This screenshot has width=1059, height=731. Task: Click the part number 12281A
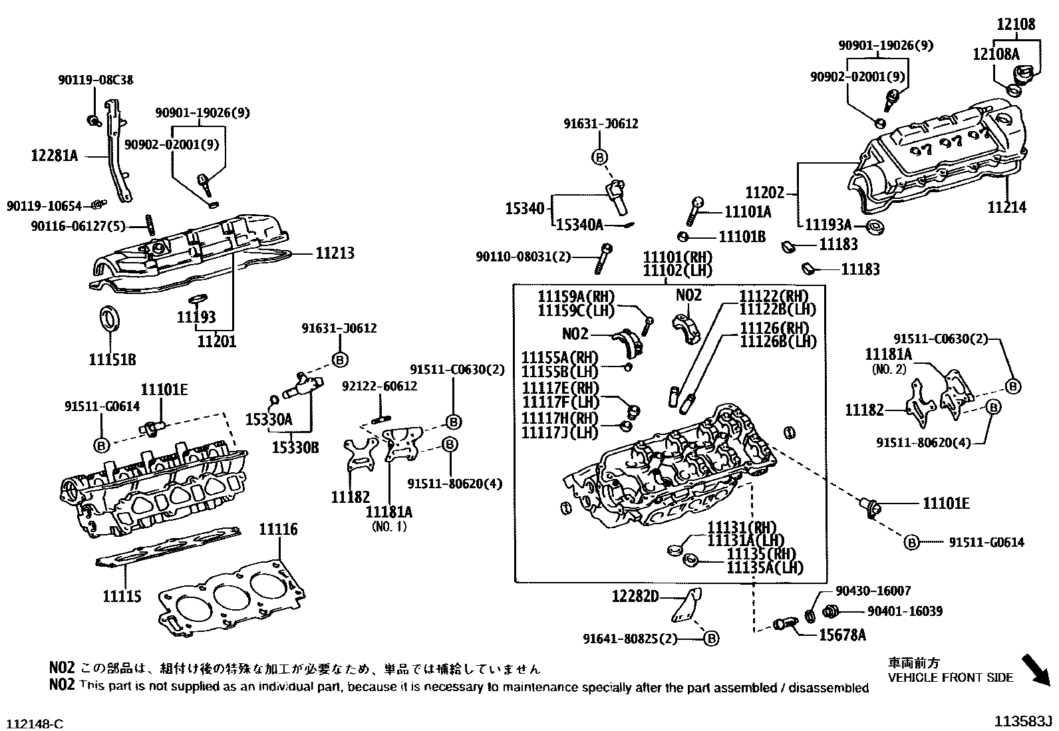[55, 156]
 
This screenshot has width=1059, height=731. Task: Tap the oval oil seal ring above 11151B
[109, 317]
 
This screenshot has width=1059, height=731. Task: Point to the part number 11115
[122, 596]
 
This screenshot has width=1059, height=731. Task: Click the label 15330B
[295, 448]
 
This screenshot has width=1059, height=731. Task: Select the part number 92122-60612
[380, 386]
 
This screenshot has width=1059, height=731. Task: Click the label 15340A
[579, 225]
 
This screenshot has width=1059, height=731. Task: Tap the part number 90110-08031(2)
[523, 256]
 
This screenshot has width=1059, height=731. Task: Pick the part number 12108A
[995, 54]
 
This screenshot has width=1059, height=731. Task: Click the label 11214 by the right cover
[1006, 208]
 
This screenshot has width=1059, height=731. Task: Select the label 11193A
[828, 225]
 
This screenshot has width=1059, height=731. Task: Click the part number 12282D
[635, 597]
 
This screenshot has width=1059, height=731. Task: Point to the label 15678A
[842, 635]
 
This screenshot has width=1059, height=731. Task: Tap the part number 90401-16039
[905, 611]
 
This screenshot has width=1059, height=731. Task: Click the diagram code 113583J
[1024, 722]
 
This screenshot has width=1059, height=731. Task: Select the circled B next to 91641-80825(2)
[711, 639]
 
